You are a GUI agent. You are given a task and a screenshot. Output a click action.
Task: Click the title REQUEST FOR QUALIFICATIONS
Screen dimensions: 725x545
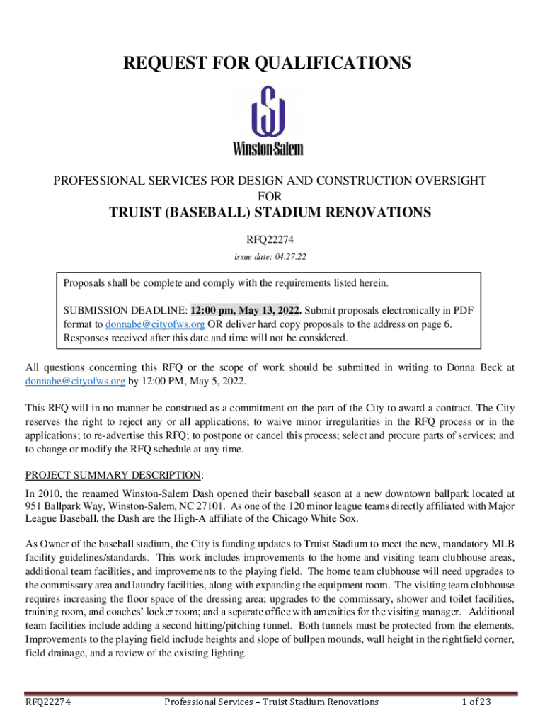(x=268, y=64)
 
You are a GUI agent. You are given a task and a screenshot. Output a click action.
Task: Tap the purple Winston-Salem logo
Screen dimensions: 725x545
(x=268, y=120)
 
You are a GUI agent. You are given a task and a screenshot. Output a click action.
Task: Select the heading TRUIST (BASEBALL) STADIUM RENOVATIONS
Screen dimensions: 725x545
(x=270, y=213)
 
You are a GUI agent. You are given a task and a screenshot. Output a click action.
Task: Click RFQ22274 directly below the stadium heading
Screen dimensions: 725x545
(x=270, y=239)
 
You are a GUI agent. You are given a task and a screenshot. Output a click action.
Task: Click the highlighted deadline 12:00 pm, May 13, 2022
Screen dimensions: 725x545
(x=246, y=310)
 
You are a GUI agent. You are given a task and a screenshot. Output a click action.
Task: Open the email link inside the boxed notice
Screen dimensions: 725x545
(x=155, y=324)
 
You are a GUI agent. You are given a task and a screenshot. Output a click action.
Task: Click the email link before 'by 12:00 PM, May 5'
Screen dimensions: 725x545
(x=76, y=381)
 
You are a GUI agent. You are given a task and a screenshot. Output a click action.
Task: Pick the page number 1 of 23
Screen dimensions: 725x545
(x=476, y=702)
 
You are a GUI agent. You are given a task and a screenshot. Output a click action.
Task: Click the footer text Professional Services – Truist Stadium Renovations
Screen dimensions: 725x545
(x=271, y=702)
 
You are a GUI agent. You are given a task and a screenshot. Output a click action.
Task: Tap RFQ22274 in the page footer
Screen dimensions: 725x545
(x=52, y=702)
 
